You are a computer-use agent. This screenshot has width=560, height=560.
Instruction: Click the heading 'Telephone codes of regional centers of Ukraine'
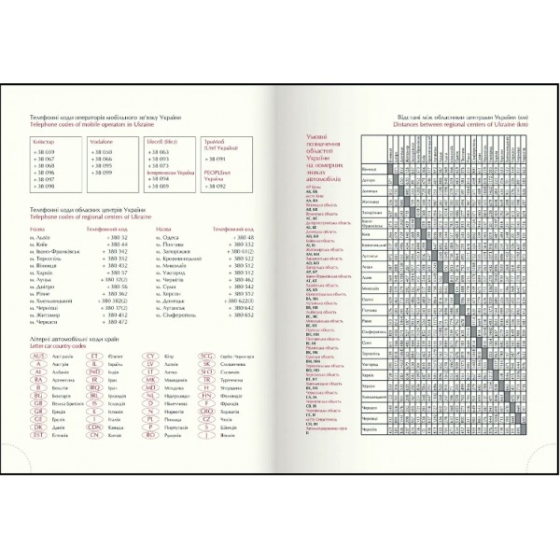[90, 216]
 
